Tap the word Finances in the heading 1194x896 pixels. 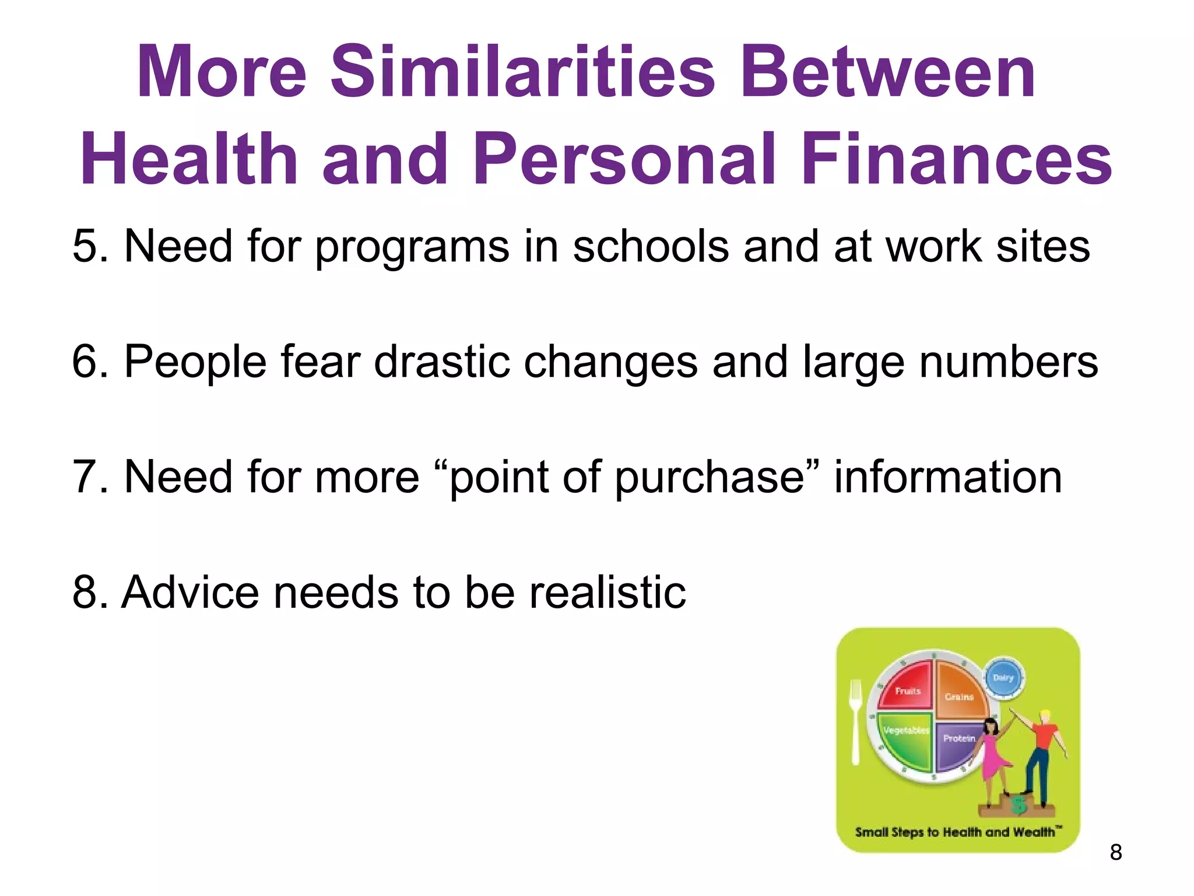(x=956, y=159)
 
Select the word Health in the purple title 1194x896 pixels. (x=189, y=159)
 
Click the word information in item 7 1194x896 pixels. (x=948, y=477)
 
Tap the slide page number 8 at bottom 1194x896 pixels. (x=1115, y=852)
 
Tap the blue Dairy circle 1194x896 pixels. (x=1003, y=677)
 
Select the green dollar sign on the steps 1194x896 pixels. (x=1019, y=804)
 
